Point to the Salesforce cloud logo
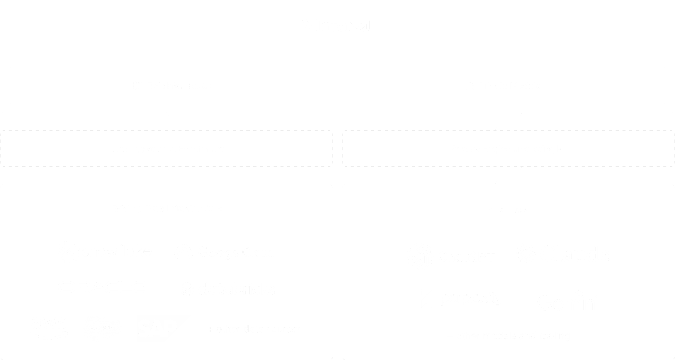click(x=102, y=328)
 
